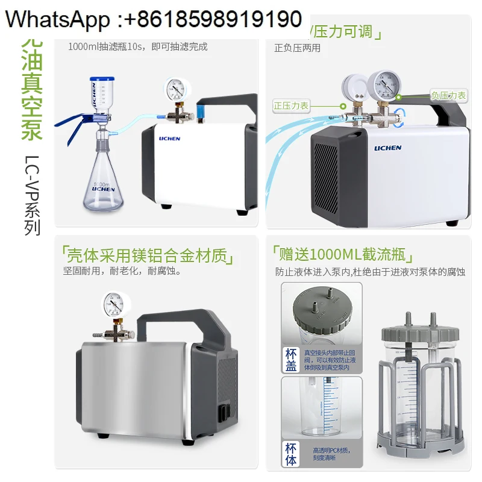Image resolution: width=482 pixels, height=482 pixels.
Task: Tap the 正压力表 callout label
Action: point(291,105)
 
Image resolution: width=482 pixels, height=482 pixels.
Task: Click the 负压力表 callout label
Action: point(448,95)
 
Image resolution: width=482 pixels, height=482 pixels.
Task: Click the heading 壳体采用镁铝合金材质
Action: point(148,255)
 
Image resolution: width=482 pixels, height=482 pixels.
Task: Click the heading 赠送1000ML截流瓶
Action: point(345,252)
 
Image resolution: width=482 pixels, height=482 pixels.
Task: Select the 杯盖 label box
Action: point(291,360)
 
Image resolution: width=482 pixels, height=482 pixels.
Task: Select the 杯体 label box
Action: point(291,452)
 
